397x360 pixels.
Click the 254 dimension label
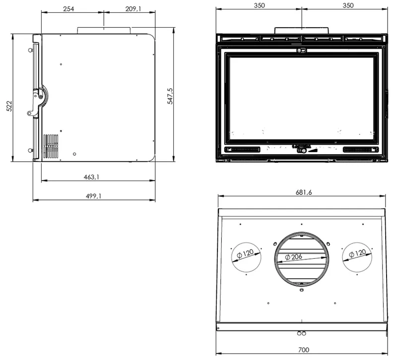[x=68, y=9]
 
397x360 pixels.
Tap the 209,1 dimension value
[x=133, y=9]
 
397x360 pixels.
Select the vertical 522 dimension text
[x=9, y=106]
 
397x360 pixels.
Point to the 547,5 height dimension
[x=170, y=96]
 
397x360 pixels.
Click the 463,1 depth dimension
[x=91, y=177]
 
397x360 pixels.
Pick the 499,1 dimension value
[x=93, y=196]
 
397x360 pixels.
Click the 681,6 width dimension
[x=304, y=192]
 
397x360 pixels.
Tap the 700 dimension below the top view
[x=304, y=350]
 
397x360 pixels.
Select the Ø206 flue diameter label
[x=294, y=257]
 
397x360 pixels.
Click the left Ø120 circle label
[x=245, y=253]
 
